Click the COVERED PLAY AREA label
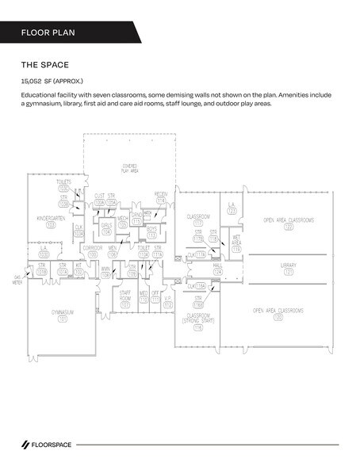click(x=129, y=167)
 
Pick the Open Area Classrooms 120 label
click(x=278, y=313)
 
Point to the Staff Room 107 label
click(x=124, y=296)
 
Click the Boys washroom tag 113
click(x=151, y=232)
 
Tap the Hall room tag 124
click(x=218, y=273)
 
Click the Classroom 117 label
click(x=197, y=220)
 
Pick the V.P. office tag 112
click(x=168, y=299)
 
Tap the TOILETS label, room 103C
click(x=63, y=185)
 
